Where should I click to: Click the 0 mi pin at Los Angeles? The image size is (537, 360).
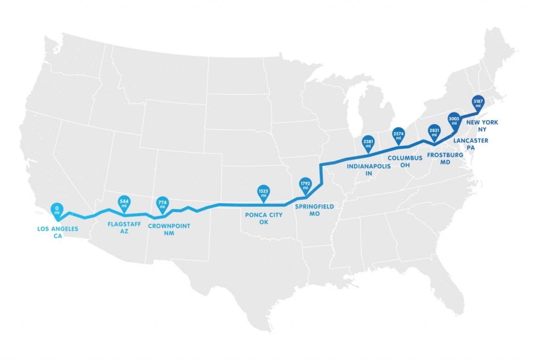click(x=57, y=211)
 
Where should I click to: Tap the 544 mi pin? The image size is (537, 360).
click(x=124, y=202)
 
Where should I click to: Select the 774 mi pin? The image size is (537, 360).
click(x=162, y=204)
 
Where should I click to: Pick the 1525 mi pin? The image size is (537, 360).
click(x=263, y=192)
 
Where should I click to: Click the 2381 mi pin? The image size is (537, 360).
click(x=368, y=143)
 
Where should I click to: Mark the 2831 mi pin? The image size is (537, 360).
click(x=434, y=132)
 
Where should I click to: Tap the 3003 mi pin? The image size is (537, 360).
click(x=454, y=118)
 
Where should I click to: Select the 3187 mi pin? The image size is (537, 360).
click(x=477, y=103)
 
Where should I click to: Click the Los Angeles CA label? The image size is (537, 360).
click(x=58, y=233)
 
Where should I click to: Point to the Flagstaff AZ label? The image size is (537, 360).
click(x=124, y=227)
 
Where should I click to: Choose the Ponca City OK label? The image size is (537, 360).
click(x=264, y=218)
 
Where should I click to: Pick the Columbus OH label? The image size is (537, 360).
click(x=405, y=162)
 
